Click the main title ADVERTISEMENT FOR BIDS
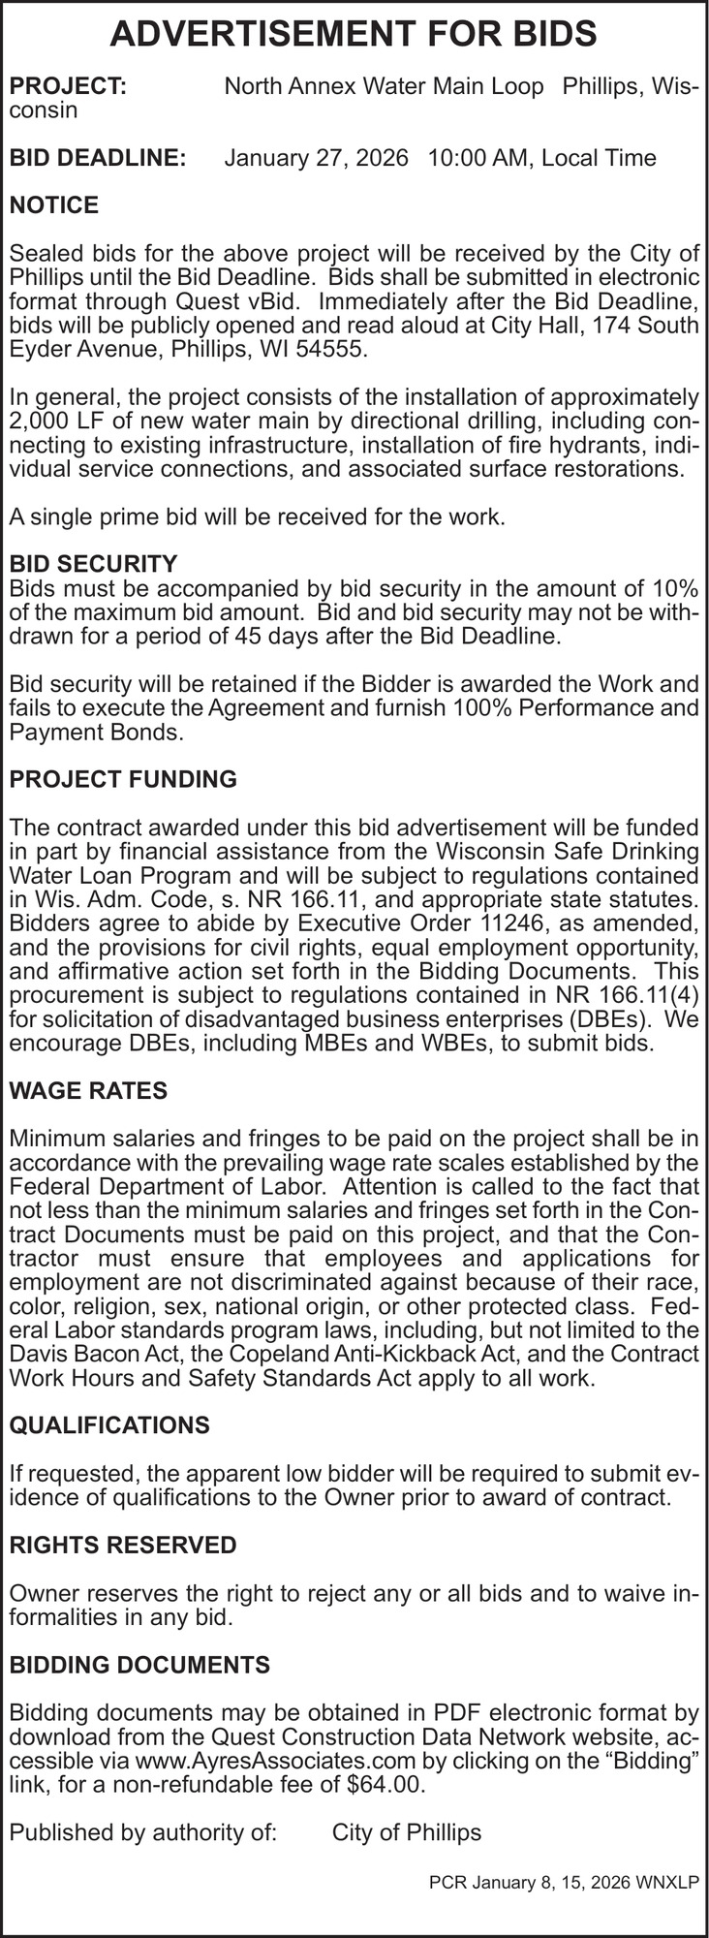point(354,36)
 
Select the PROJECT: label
point(67,87)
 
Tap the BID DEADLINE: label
point(97,158)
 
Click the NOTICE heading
point(53,205)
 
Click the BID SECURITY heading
point(93,564)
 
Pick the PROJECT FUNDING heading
point(122,779)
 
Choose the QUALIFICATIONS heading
point(108,1425)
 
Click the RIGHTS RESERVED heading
point(122,1545)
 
